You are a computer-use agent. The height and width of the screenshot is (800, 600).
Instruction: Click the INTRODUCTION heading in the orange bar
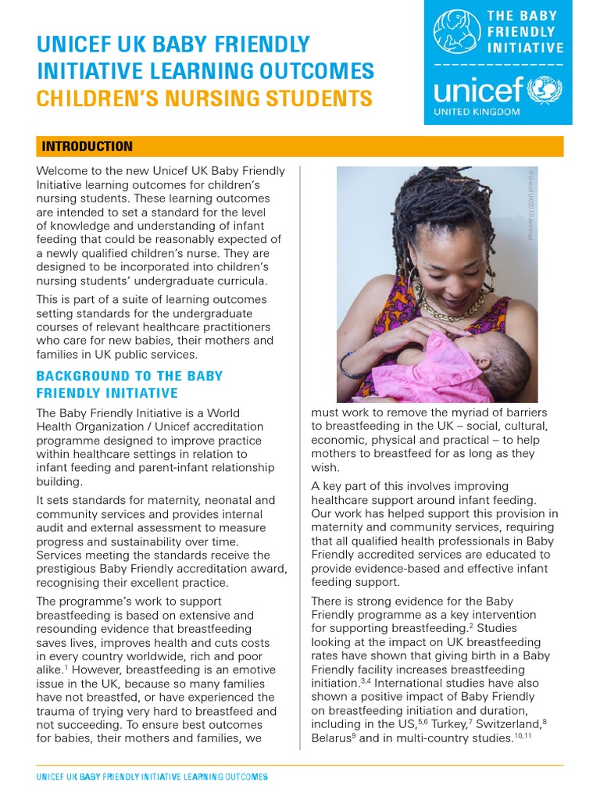coord(87,146)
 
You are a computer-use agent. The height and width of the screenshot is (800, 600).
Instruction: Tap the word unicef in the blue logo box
coord(478,91)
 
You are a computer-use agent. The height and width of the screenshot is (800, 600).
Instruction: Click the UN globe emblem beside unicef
coord(545,90)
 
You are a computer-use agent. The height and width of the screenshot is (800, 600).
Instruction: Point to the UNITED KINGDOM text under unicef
coord(477,112)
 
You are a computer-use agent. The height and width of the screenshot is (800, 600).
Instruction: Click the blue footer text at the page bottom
coord(152,777)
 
